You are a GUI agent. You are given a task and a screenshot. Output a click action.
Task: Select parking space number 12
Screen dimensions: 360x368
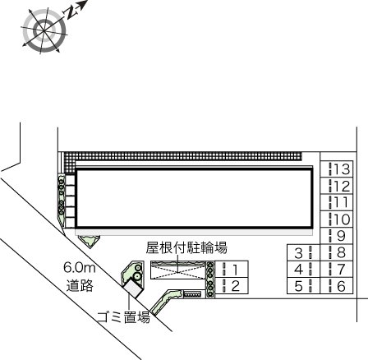point(338,187)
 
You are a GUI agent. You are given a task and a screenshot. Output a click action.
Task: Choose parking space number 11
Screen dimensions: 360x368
point(338,203)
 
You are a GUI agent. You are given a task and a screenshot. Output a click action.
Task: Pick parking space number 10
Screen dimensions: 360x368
point(338,219)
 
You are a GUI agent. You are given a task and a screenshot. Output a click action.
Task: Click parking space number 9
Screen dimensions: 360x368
point(338,236)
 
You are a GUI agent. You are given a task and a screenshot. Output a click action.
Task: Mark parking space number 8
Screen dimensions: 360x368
point(338,252)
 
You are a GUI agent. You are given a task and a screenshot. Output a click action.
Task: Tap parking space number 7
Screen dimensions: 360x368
point(338,270)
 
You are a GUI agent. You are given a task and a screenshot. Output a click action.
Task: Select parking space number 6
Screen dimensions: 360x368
point(338,286)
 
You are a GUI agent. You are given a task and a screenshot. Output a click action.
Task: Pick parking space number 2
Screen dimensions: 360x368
point(231,286)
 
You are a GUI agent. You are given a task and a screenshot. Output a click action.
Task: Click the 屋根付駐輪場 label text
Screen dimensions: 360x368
point(186,247)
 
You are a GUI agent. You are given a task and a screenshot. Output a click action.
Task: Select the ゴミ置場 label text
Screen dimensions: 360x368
point(123,316)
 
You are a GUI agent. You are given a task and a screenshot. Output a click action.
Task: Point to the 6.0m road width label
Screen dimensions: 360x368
point(80,269)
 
